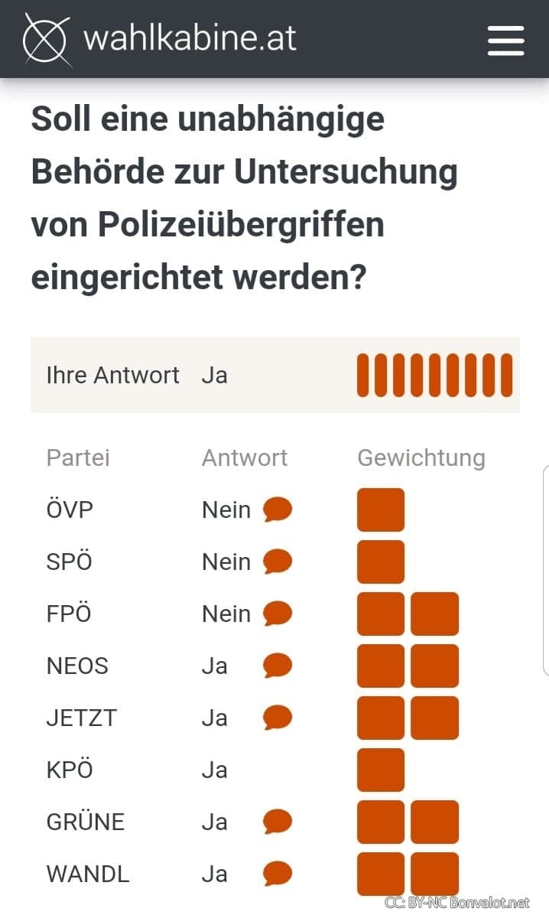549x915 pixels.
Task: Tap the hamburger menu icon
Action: [505, 40]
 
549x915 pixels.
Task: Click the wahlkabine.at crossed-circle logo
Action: [47, 38]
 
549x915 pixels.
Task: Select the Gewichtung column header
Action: [421, 457]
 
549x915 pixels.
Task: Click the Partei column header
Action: [78, 457]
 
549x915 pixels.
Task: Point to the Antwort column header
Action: [245, 457]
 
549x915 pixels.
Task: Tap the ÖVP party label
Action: [70, 510]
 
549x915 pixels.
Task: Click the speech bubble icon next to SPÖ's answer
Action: [278, 562]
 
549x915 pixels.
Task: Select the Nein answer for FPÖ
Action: [226, 614]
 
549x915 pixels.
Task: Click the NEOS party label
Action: [77, 666]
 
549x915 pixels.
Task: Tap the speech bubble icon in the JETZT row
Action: [278, 718]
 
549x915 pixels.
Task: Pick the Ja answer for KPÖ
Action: [215, 770]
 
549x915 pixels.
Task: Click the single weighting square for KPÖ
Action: [381, 770]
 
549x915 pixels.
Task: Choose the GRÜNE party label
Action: [86, 822]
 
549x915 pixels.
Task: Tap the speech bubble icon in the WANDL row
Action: [278, 874]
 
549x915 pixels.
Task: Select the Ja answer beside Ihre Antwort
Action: [215, 375]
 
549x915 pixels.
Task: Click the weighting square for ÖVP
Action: [381, 510]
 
